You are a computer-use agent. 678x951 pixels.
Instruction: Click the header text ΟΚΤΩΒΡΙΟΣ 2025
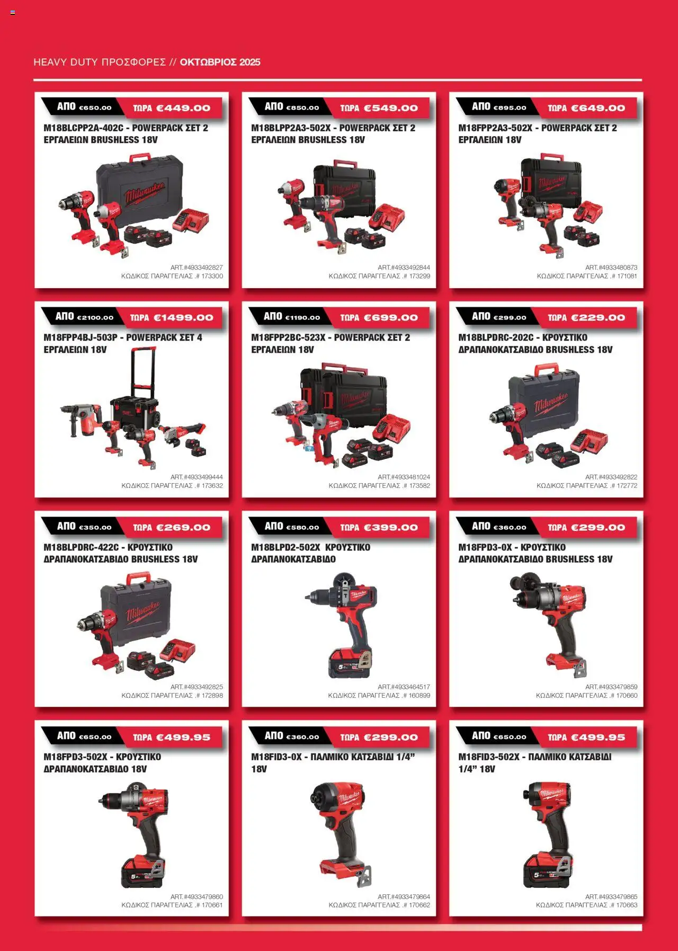point(220,62)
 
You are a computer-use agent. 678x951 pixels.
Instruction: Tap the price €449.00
point(183,108)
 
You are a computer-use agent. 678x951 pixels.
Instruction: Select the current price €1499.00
point(183,318)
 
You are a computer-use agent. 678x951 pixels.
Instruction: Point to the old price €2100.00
point(95,318)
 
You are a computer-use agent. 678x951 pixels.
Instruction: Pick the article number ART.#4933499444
point(197,477)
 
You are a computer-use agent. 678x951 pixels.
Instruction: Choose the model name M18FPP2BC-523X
point(288,337)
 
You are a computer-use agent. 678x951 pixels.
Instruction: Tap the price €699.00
point(391,318)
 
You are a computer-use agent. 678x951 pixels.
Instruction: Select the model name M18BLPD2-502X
point(286,547)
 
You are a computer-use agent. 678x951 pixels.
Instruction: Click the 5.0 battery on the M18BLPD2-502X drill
point(350,663)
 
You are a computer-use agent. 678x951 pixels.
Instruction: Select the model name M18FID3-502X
point(489,757)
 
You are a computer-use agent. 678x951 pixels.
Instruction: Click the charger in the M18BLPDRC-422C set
point(177,651)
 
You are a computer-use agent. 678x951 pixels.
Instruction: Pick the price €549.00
point(391,108)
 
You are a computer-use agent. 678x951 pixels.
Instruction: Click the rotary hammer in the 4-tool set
point(79,419)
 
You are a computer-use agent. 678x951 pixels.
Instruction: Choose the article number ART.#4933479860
point(197,897)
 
